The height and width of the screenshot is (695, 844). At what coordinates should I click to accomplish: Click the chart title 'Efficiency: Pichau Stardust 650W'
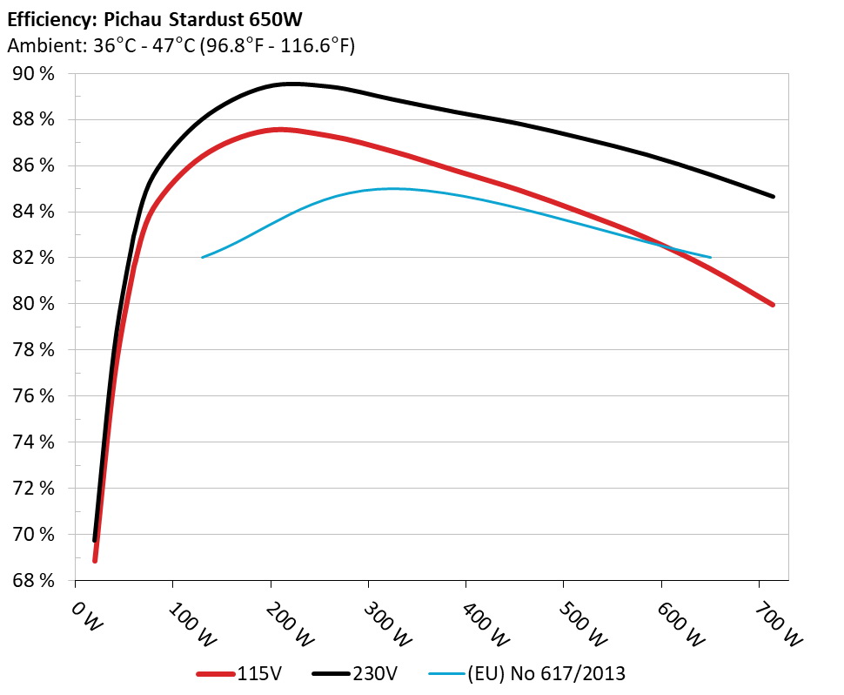(159, 17)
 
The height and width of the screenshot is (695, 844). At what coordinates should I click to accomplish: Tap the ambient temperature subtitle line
(181, 46)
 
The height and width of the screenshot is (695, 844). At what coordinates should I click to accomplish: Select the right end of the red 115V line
(772, 305)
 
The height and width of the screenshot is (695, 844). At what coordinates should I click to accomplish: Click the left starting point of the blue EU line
(202, 257)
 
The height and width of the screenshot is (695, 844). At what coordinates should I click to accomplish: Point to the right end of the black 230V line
(773, 197)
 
